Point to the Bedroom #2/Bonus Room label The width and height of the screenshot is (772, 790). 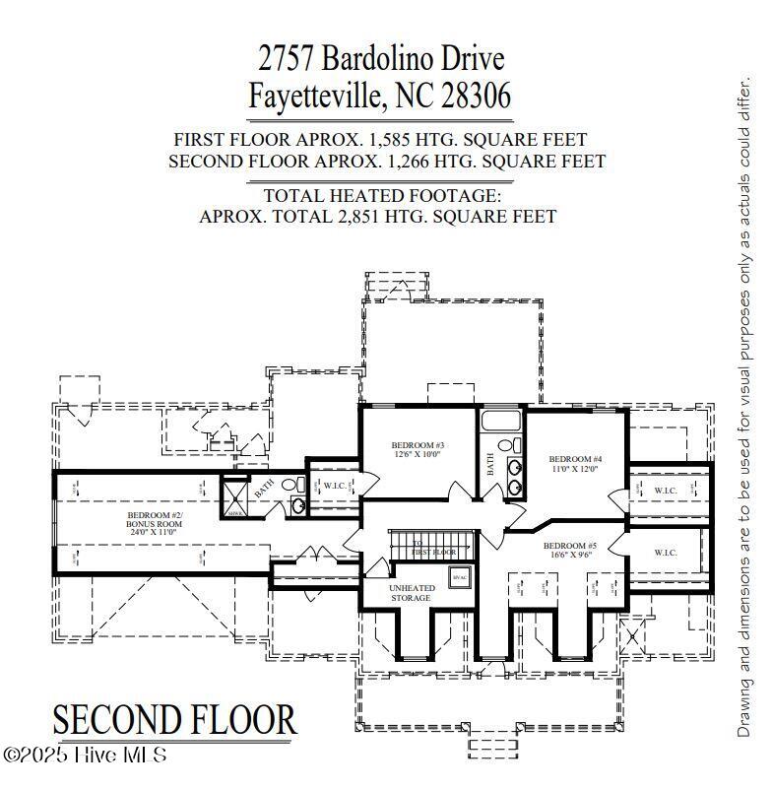coord(155,519)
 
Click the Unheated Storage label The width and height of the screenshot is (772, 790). coord(411,593)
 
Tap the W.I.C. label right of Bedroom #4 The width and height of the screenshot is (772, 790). coord(666,490)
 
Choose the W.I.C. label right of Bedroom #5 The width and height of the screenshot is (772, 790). coord(666,553)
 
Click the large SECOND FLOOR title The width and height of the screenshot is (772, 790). coord(174,720)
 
